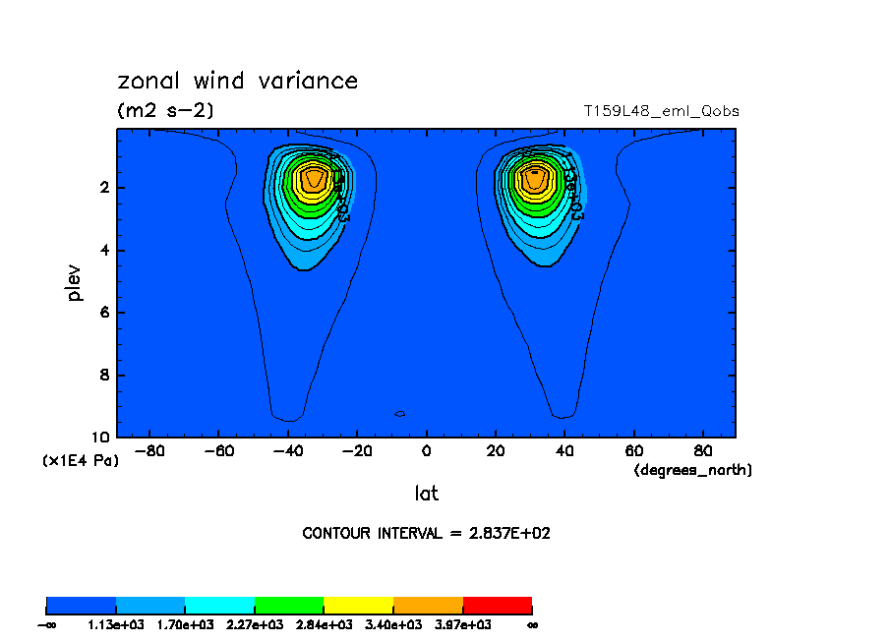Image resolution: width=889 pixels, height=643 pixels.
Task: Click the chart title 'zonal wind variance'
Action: click(237, 81)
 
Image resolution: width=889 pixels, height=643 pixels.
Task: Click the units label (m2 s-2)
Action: click(165, 111)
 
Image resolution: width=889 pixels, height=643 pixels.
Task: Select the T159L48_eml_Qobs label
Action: click(661, 111)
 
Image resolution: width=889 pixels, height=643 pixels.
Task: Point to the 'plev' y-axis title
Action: click(75, 282)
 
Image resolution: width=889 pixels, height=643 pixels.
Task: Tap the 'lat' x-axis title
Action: click(426, 494)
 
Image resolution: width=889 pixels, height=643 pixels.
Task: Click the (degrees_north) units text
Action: click(693, 471)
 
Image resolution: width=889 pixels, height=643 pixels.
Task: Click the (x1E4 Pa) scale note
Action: click(80, 460)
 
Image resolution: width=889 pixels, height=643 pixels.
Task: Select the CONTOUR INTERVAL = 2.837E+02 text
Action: click(433, 533)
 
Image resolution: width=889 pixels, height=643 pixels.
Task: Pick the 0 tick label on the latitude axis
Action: click(426, 451)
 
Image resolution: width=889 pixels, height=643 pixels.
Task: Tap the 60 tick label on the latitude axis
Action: click(633, 451)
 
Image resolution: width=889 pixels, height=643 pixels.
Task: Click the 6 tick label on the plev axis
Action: click(104, 313)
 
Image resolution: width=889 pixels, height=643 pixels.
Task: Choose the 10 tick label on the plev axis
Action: click(100, 438)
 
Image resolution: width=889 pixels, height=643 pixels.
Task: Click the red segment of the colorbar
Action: click(497, 605)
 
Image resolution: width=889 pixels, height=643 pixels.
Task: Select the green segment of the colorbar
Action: click(289, 605)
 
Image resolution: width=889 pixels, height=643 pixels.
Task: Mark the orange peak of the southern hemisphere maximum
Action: click(314, 178)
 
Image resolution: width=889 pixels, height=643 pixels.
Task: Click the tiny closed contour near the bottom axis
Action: click(399, 414)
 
